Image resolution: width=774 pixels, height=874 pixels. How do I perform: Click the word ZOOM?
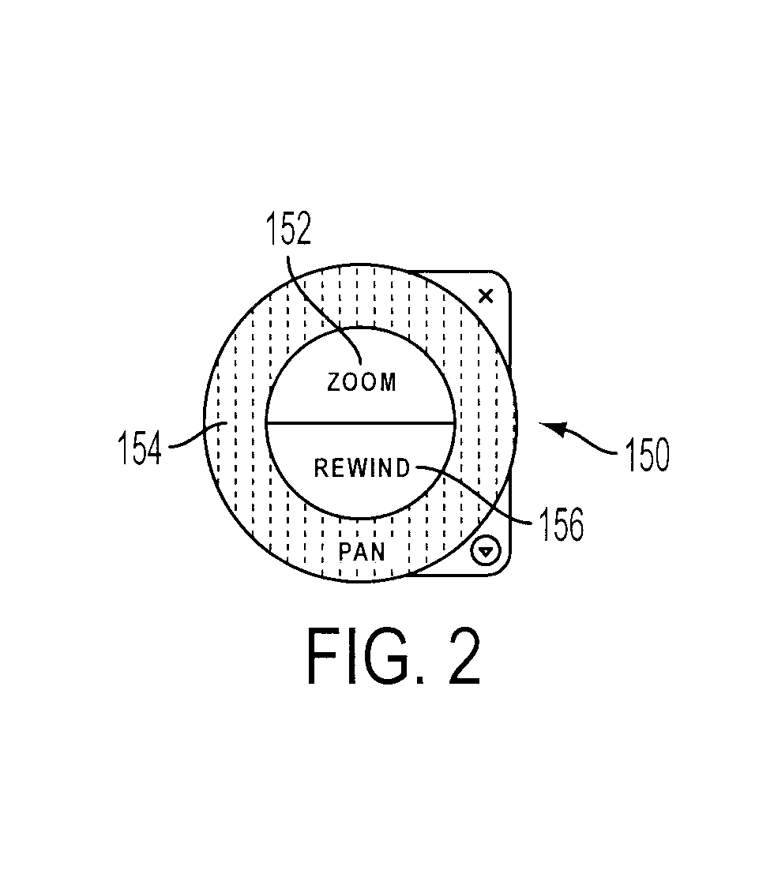click(362, 382)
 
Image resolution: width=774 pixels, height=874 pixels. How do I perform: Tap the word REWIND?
click(363, 468)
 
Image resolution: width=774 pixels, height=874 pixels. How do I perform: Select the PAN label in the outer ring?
click(362, 552)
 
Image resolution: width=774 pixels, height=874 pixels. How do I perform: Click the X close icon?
click(487, 296)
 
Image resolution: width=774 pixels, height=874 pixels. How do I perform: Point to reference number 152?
click(287, 228)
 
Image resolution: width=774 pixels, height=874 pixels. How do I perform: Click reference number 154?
click(140, 448)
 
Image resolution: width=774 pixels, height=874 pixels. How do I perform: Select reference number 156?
click(561, 524)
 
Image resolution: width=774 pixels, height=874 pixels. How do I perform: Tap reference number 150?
click(647, 455)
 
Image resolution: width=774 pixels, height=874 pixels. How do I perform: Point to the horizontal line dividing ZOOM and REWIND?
click(361, 423)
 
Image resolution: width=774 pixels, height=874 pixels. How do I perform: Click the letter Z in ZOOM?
click(333, 382)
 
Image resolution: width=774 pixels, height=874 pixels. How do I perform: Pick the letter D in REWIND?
click(403, 468)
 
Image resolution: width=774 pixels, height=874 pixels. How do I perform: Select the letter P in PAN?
click(345, 552)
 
